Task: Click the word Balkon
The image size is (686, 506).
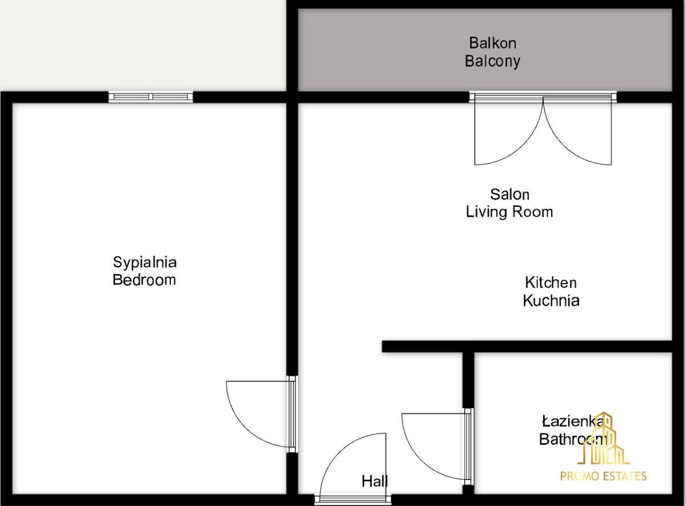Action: click(x=492, y=43)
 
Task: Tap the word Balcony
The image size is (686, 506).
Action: click(x=492, y=62)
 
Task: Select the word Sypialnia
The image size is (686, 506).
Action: click(x=145, y=263)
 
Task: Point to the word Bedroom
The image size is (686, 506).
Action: click(x=144, y=280)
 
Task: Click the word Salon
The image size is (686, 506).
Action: click(x=510, y=194)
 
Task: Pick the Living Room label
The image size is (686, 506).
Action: click(x=509, y=212)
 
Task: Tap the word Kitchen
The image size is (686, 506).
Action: click(x=551, y=282)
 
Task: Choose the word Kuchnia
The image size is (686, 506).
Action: click(x=551, y=301)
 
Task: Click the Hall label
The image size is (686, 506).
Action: click(x=374, y=481)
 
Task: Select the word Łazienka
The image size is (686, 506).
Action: click(x=572, y=421)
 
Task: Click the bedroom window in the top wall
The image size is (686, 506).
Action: click(x=151, y=97)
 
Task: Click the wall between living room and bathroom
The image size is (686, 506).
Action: click(x=527, y=346)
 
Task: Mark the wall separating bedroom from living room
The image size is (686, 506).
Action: click(x=292, y=239)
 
